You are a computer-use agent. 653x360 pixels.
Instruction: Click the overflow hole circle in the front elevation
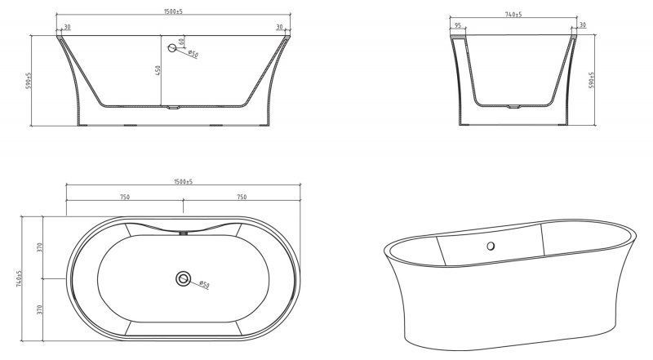click(x=172, y=49)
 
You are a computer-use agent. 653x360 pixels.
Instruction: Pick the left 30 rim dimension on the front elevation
click(x=66, y=28)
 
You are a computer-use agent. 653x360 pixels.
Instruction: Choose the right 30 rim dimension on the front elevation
click(x=279, y=28)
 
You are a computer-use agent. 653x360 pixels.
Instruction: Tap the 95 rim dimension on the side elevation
click(x=458, y=26)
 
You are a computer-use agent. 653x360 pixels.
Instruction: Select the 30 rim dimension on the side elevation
click(x=583, y=26)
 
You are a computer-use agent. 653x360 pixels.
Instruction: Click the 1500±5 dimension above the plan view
click(x=183, y=181)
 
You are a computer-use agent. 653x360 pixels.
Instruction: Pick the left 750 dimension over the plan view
click(x=125, y=197)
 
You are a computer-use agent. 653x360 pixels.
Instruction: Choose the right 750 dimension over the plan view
click(x=242, y=197)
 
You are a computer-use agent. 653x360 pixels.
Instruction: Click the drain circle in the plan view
click(x=183, y=280)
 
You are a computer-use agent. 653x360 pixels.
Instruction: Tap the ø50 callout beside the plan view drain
click(x=204, y=285)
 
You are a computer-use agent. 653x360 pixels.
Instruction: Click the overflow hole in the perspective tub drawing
click(x=491, y=246)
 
